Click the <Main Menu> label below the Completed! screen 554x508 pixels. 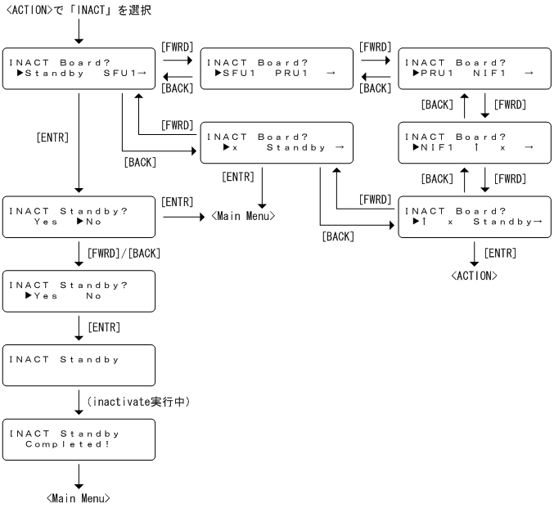point(78,498)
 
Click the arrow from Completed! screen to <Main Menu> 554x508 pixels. point(79,475)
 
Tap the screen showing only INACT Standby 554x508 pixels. point(79,365)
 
